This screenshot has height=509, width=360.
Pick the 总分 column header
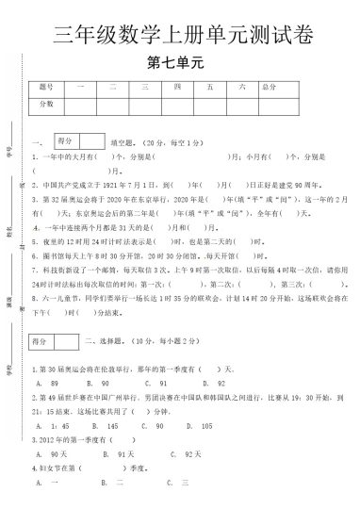270,87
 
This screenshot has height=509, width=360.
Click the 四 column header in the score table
176,87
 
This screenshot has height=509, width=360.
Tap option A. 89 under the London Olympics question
42,385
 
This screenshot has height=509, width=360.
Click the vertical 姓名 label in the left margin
9,229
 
